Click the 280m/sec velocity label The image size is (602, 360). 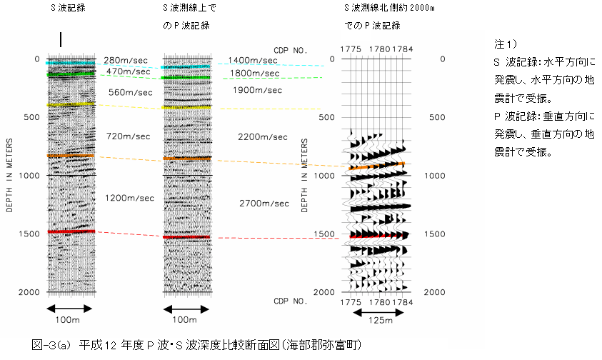tap(126, 60)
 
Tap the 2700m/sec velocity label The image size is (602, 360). tap(264, 204)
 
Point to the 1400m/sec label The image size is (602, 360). tap(252, 61)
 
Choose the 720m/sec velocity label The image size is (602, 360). tap(129, 136)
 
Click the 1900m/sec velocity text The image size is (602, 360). tap(256, 90)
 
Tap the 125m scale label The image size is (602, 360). tap(381, 321)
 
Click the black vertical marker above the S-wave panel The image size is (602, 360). tap(61, 40)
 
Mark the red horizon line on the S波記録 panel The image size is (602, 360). tap(71, 231)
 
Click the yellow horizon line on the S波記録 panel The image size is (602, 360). tap(71, 105)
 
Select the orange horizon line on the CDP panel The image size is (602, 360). tap(378, 166)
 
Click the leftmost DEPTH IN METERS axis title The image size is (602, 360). tap(9, 175)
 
